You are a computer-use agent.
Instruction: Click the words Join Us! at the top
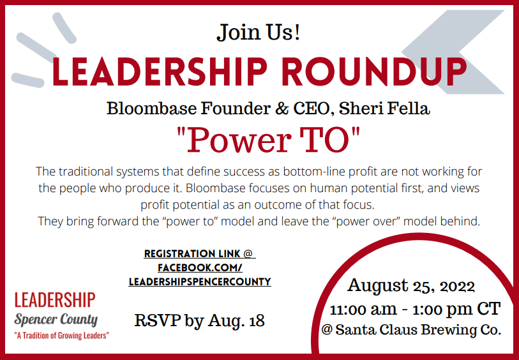259,33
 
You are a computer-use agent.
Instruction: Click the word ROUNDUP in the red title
376,72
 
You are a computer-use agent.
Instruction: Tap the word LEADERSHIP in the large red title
160,72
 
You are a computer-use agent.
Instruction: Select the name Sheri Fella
384,109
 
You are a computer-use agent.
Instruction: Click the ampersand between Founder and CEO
282,109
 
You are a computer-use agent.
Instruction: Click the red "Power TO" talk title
268,140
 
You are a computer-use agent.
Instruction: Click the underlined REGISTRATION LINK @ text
200,254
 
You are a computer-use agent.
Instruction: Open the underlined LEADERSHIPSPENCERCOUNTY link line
200,282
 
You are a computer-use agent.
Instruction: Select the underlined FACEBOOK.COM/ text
200,267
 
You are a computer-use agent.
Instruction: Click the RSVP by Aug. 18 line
200,320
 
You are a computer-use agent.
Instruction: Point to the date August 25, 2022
411,286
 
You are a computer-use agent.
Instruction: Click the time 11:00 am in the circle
363,309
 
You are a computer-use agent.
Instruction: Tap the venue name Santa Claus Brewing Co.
418,329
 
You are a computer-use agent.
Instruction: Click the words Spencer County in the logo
56,320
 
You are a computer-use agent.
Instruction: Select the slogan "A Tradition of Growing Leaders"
61,336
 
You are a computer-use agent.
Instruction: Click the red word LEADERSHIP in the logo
55,300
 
